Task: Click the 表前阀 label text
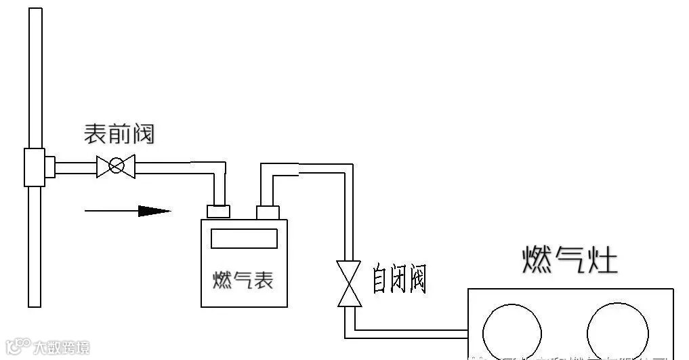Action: [x=119, y=134]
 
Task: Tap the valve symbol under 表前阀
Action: [x=116, y=165]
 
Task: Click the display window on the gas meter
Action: [x=244, y=239]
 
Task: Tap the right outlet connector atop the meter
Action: [x=268, y=212]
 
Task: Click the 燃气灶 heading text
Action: [x=569, y=260]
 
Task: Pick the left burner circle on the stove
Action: [x=513, y=331]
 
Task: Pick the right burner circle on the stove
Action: [x=617, y=331]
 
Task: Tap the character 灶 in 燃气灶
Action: [x=602, y=260]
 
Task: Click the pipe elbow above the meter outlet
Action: [x=268, y=170]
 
